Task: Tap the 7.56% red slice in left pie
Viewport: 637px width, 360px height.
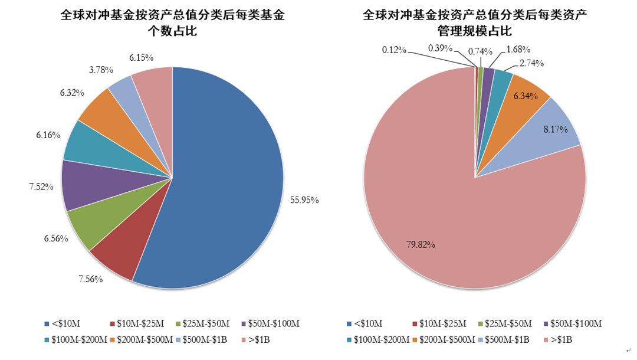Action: point(114,259)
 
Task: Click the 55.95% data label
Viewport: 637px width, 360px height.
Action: point(304,200)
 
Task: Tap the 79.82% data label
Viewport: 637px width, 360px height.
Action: point(421,244)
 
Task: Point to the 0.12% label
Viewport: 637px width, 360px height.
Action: point(394,50)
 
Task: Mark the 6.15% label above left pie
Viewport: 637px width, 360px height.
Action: point(142,57)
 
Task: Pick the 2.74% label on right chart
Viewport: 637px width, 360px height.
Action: point(531,63)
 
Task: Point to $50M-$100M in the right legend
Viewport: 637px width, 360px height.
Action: point(573,323)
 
